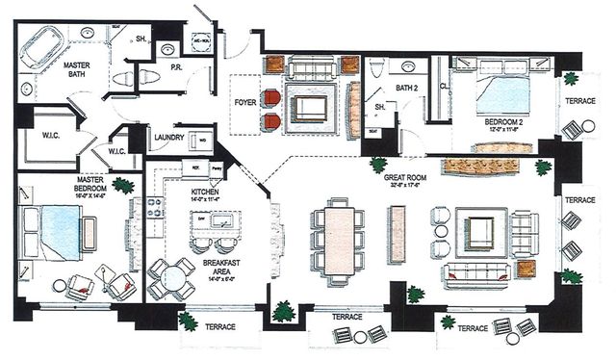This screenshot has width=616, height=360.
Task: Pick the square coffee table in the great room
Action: pos(481,232)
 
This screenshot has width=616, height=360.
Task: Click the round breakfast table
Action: pos(170,281)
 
